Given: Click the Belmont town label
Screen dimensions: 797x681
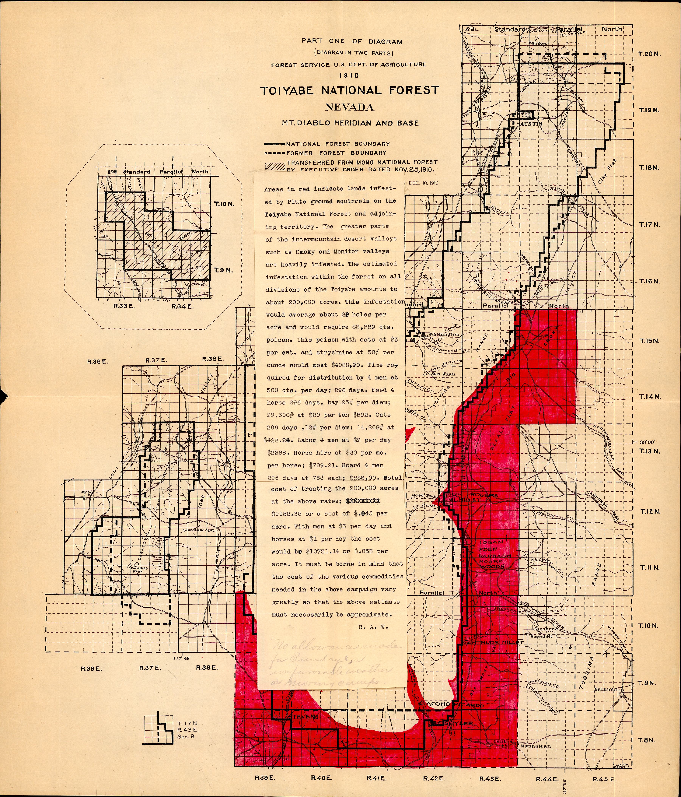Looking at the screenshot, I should pos(606,689).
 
